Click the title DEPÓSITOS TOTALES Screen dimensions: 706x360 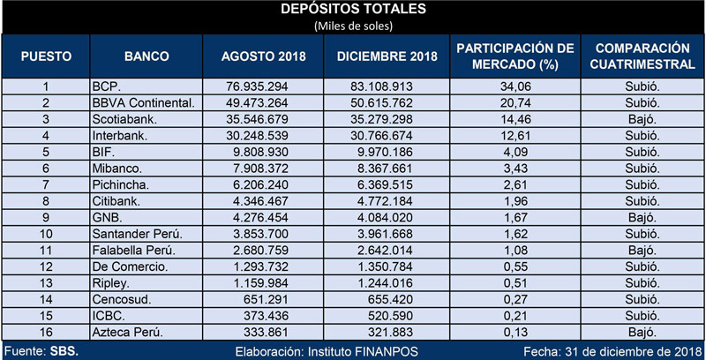[x=353, y=10]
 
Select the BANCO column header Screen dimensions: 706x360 [x=146, y=56]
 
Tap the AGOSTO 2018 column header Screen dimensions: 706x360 [x=263, y=56]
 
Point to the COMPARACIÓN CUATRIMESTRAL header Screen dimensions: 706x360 [x=642, y=56]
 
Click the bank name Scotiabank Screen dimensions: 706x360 [x=120, y=119]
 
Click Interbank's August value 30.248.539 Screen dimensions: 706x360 [x=255, y=136]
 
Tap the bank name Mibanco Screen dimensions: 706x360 [x=117, y=169]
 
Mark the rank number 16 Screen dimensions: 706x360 [x=46, y=333]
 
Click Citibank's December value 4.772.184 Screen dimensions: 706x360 [x=383, y=201]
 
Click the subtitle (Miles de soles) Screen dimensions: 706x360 [x=353, y=26]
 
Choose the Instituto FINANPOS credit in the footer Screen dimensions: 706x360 [x=363, y=351]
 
